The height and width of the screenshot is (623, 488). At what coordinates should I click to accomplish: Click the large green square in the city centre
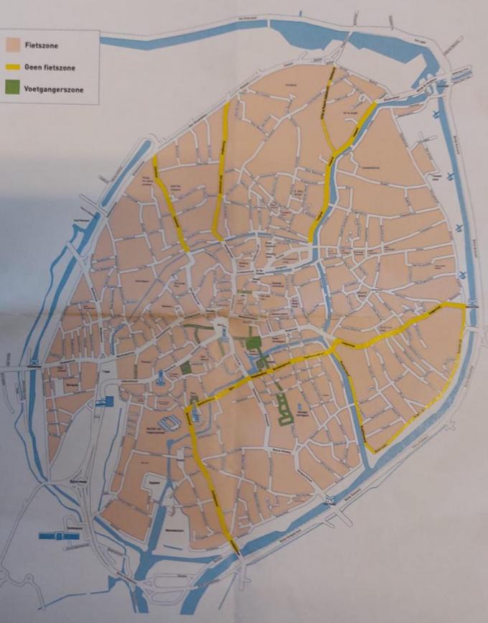(x=253, y=342)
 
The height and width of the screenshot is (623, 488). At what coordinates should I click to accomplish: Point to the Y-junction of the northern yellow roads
(x=334, y=152)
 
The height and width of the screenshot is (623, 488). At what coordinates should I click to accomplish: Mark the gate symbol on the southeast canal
(x=329, y=501)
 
